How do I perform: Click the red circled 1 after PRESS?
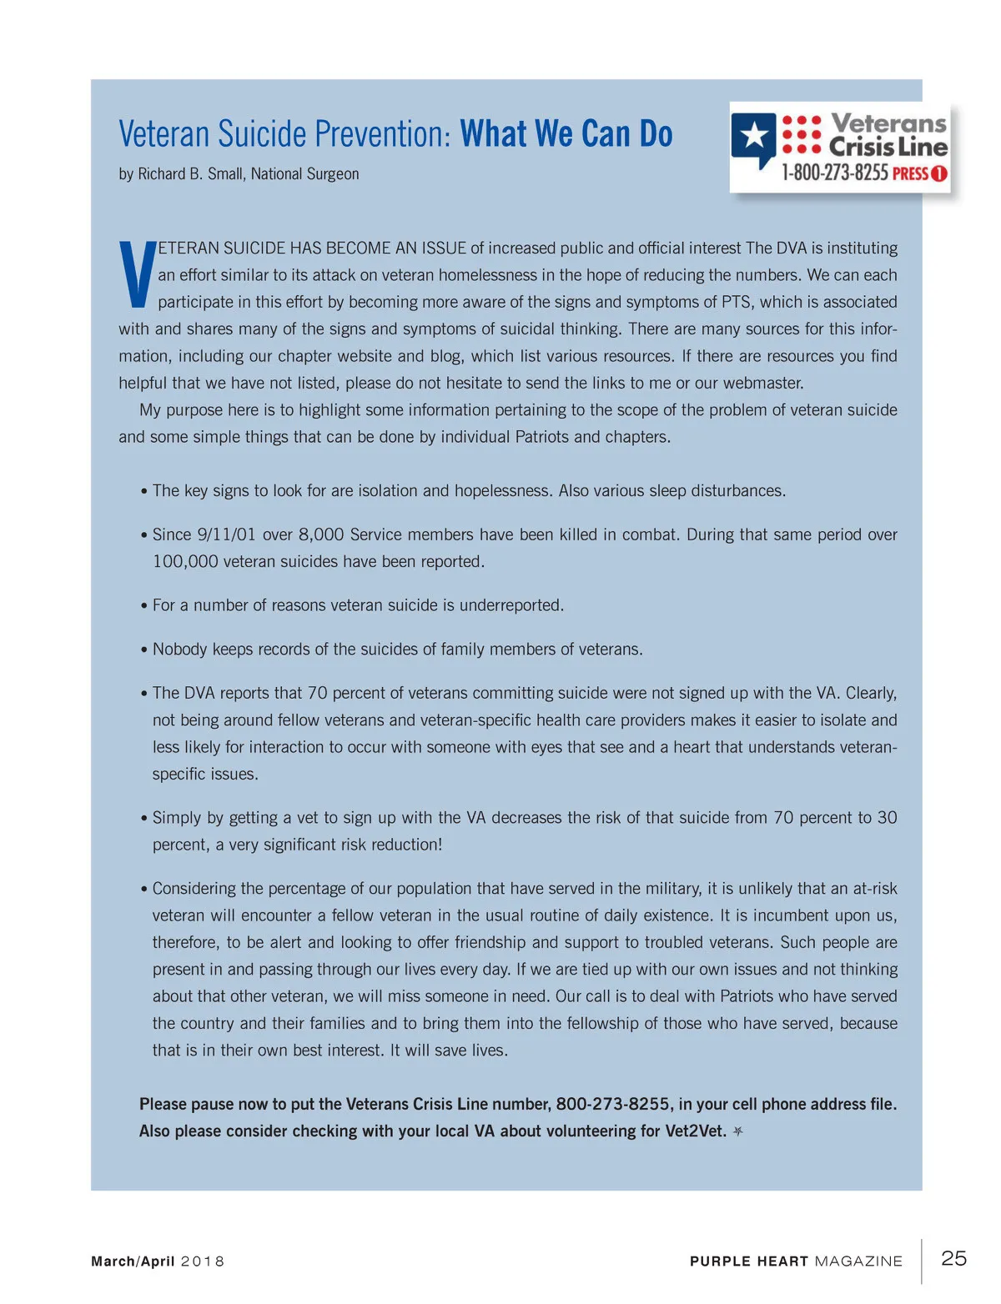pos(938,173)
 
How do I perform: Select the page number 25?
pos(953,1258)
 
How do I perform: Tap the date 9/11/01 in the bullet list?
pos(226,534)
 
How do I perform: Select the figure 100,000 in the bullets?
pos(184,562)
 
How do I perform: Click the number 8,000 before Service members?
pos(321,534)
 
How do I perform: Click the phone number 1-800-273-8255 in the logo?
pos(834,173)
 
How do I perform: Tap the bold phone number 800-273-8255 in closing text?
pos(612,1104)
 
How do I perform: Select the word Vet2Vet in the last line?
pos(695,1131)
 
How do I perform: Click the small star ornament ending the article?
pos(737,1131)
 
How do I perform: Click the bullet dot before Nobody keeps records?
pos(144,650)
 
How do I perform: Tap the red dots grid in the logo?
pos(802,134)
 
